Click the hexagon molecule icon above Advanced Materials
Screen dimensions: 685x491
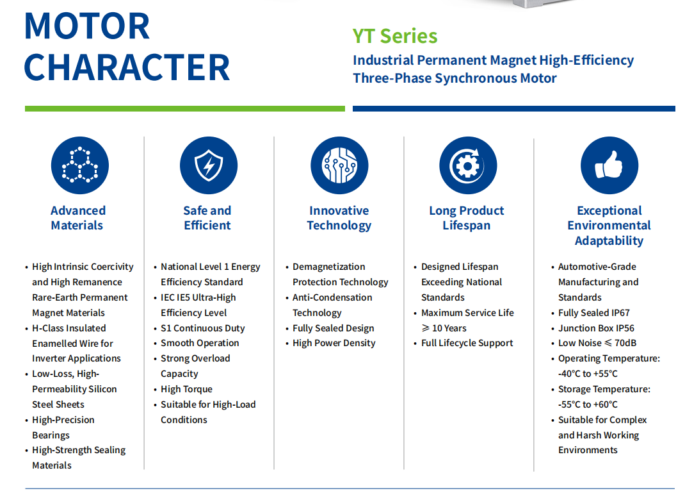[80, 165]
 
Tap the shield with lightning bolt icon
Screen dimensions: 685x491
[209, 165]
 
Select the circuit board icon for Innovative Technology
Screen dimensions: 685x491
[339, 165]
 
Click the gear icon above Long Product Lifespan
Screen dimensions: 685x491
[468, 165]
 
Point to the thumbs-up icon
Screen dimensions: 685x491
[609, 165]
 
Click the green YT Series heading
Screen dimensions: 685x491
[395, 36]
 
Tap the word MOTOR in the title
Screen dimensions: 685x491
[87, 26]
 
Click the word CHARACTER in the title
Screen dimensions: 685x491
[127, 67]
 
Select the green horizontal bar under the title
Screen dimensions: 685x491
[185, 108]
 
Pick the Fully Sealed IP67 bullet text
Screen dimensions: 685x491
[593, 313]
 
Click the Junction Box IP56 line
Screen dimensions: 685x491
[596, 328]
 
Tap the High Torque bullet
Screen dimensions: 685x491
[186, 389]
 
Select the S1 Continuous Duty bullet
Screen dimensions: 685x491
[203, 328]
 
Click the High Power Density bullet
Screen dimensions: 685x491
[334, 343]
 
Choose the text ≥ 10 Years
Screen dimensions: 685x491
[444, 328]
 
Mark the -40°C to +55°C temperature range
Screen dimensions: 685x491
[588, 374]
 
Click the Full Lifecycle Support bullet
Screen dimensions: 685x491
[467, 343]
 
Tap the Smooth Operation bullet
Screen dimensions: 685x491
[200, 343]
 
